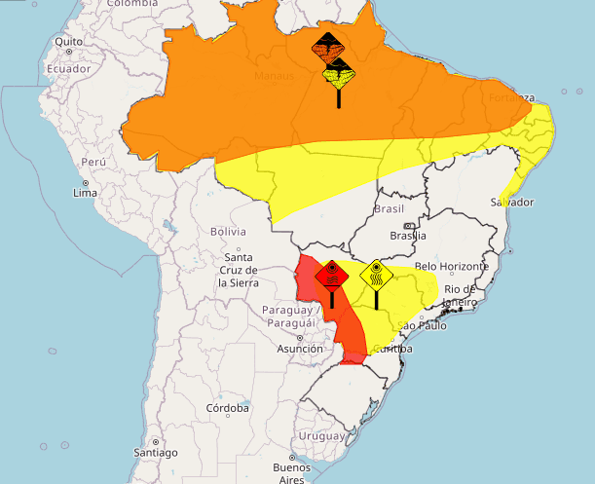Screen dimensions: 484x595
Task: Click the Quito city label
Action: point(69,42)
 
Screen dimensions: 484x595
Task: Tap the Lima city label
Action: point(85,193)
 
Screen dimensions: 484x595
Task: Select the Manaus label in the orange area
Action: point(274,75)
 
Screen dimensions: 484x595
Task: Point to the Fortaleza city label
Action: point(512,98)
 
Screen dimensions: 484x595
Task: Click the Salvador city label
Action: point(513,203)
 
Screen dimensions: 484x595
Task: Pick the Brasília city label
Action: point(406,236)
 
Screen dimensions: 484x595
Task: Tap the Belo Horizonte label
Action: point(450,267)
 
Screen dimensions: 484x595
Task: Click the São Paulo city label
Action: point(422,325)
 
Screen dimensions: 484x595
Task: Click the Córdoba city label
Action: point(227,409)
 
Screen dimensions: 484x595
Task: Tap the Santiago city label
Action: point(156,453)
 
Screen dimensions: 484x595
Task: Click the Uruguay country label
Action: point(321,435)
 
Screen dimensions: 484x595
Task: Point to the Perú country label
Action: point(93,162)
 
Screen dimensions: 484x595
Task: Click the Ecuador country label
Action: point(68,69)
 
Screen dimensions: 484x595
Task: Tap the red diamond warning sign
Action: point(332,276)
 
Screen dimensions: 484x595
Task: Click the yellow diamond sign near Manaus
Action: point(339,73)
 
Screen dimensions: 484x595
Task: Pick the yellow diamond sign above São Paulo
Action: point(376,276)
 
